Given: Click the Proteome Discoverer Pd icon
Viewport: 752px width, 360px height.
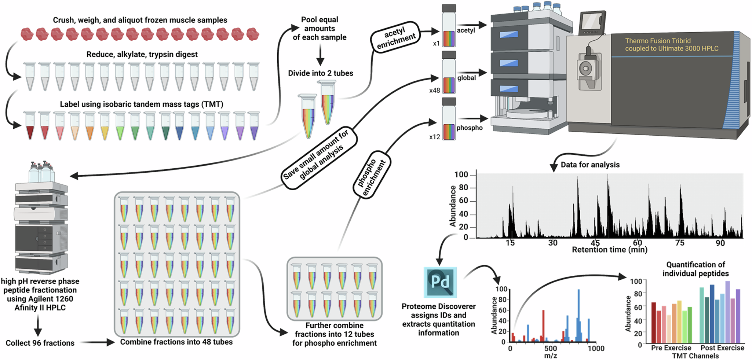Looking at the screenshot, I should tap(440, 282).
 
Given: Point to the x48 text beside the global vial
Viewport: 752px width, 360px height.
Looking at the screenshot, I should tap(434, 90).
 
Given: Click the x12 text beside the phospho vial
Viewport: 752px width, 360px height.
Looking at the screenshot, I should tap(434, 137).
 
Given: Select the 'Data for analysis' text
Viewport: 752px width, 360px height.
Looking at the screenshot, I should tap(590, 165).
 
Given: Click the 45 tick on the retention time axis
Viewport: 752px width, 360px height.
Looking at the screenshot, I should tap(595, 243).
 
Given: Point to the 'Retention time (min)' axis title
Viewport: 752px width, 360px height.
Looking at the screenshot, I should tap(609, 250).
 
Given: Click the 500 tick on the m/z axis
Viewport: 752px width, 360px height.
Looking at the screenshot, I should tap(550, 348).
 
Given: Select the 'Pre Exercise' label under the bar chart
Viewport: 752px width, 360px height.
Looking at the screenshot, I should tap(671, 348).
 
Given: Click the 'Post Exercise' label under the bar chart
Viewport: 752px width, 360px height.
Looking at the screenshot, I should tap(722, 348).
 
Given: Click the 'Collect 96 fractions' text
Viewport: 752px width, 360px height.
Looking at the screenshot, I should tap(40, 343).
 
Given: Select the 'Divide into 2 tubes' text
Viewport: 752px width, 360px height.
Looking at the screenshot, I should tap(320, 73).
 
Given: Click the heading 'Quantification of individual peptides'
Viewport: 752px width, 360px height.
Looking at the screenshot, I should tap(695, 269).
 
